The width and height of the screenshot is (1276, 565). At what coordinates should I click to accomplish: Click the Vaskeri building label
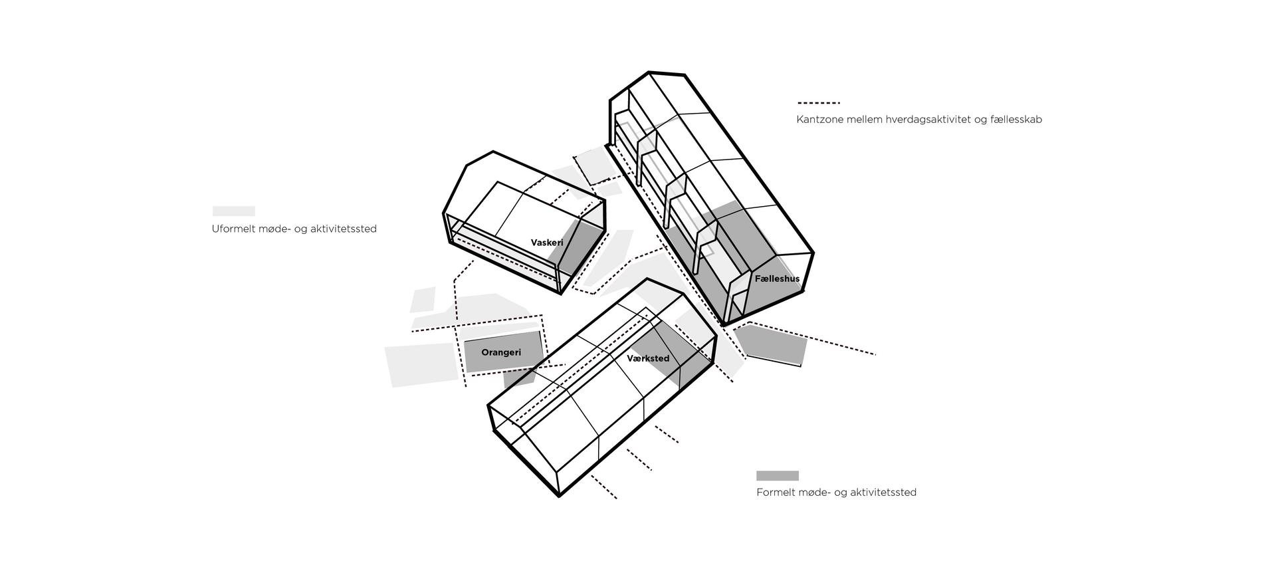pyautogui.click(x=547, y=243)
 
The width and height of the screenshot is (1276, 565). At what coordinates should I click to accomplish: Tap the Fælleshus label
pyautogui.click(x=777, y=279)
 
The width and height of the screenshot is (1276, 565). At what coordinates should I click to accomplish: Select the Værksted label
pyautogui.click(x=648, y=358)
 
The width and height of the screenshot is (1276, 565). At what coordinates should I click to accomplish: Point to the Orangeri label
pyautogui.click(x=501, y=352)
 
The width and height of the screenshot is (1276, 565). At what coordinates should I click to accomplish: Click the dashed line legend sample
pyautogui.click(x=818, y=103)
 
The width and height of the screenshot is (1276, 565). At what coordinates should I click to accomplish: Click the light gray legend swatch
pyautogui.click(x=233, y=211)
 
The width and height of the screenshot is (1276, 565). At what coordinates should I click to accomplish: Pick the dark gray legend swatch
pyautogui.click(x=778, y=475)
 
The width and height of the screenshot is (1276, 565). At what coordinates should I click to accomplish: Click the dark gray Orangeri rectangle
pyautogui.click(x=503, y=352)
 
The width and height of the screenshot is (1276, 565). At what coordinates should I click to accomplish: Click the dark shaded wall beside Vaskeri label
pyautogui.click(x=576, y=239)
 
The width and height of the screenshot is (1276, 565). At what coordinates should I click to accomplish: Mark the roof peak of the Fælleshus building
pyautogui.click(x=648, y=72)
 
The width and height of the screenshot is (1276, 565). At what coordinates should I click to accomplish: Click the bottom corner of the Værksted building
pyautogui.click(x=559, y=496)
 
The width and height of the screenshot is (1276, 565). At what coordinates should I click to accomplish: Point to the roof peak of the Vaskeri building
pyautogui.click(x=492, y=152)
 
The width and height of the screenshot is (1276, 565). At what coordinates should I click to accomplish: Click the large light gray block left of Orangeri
pyautogui.click(x=423, y=364)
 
